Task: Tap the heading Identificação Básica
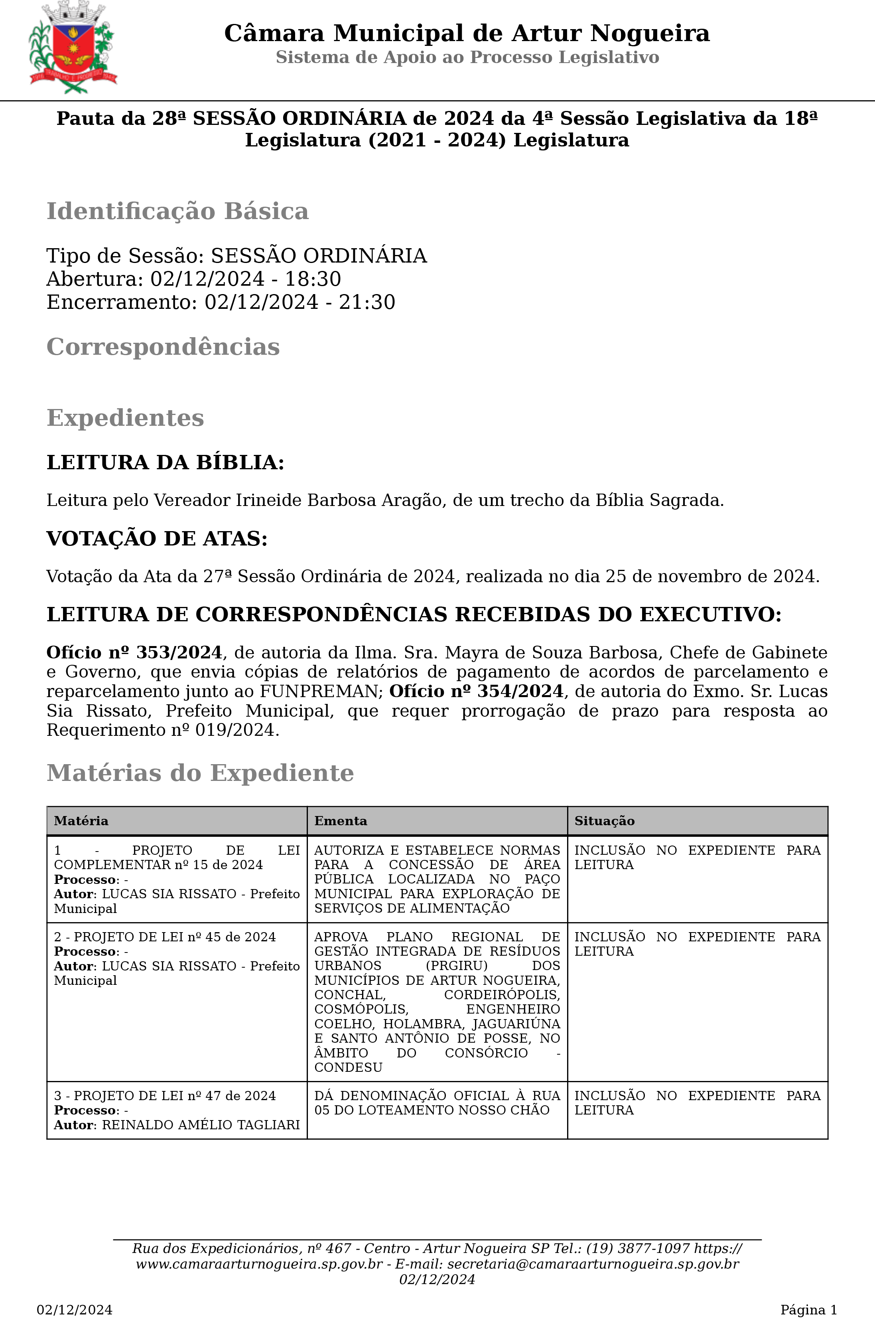coord(177,211)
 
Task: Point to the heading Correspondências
coord(163,347)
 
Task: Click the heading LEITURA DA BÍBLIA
coord(165,463)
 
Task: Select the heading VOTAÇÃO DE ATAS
coord(157,539)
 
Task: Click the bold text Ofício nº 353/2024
coord(134,653)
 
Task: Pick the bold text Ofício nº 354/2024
coord(476,691)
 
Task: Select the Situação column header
coord(604,821)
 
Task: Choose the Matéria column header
coord(81,821)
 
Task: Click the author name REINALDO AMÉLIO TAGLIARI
coord(201,1125)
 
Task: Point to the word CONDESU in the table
coord(348,1067)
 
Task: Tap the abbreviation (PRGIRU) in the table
coord(457,965)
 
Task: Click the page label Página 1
coord(808,1310)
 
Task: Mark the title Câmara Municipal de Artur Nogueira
coord(467,33)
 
